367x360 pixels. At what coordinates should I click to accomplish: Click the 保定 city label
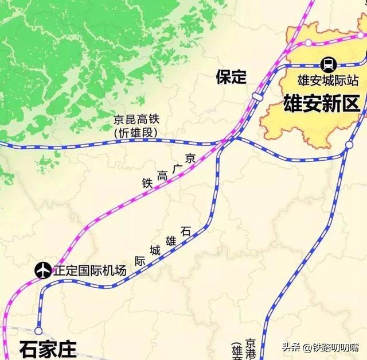coord(232,78)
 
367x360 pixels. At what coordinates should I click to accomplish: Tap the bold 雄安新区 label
coord(321,103)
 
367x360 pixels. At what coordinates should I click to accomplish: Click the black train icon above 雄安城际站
coord(329,63)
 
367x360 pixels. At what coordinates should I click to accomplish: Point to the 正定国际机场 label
coord(89,270)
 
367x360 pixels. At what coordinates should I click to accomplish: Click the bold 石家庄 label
coord(48,349)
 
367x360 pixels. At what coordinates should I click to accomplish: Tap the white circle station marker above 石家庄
coord(38,331)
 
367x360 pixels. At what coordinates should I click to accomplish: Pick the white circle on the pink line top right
coord(309,42)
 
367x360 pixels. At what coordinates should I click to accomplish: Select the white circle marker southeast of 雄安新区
coord(349,146)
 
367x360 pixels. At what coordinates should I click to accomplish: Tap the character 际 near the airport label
coord(139,260)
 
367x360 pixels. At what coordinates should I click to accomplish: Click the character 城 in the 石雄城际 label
coord(155,250)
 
